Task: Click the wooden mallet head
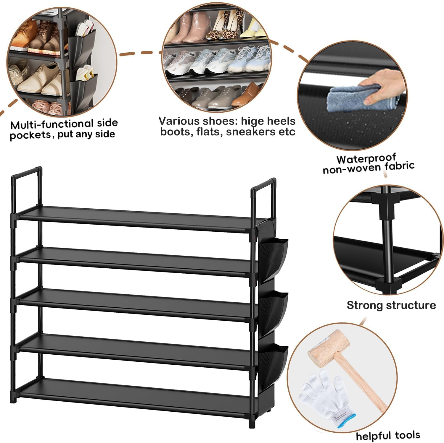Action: pos(329,351)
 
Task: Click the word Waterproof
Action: pos(366,159)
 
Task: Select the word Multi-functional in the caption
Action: pos(50,124)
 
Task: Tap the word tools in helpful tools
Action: pos(407,435)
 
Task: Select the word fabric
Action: pos(400,166)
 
